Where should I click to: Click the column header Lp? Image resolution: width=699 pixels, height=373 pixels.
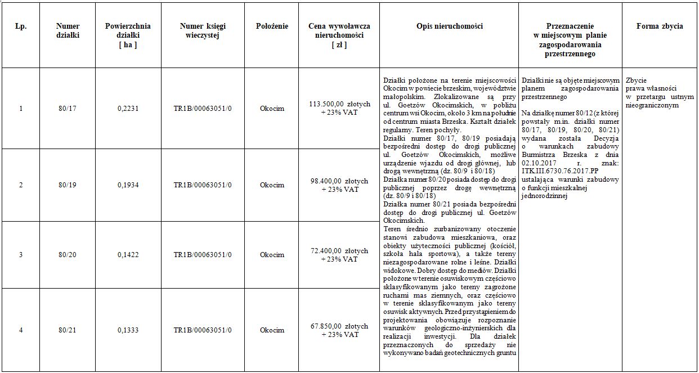[21, 26]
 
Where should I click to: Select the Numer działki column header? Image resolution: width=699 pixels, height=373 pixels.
[68, 31]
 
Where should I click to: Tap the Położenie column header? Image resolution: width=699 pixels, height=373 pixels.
[272, 26]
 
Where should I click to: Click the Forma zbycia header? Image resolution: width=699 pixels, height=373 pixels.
[660, 26]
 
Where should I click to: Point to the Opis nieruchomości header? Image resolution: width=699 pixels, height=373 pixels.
[449, 26]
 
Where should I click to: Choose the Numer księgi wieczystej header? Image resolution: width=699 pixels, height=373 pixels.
[203, 31]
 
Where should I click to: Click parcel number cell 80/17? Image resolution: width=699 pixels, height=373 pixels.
[68, 109]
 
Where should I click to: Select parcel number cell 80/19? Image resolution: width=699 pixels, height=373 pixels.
[68, 185]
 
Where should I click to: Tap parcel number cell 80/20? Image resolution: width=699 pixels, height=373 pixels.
[68, 255]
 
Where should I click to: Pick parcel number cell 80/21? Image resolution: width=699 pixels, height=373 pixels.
[68, 330]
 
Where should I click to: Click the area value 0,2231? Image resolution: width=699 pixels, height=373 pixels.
[128, 109]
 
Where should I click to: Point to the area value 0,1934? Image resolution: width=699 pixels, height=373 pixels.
[128, 185]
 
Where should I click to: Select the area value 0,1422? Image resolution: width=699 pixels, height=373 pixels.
[128, 255]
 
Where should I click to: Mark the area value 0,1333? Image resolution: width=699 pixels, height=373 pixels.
[128, 330]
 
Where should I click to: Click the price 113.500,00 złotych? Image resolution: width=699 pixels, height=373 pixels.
[339, 104]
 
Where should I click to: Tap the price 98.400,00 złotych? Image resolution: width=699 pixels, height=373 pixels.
[339, 181]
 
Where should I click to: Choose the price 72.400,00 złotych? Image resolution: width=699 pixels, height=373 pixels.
[339, 251]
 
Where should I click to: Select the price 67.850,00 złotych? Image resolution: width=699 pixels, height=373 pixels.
[339, 326]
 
